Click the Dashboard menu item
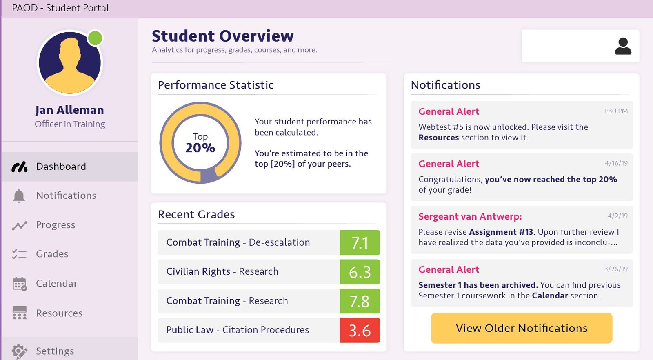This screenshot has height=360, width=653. click(61, 167)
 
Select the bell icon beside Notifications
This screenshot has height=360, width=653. click(19, 196)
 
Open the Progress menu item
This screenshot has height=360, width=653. click(56, 225)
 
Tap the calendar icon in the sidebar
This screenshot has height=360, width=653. click(19, 284)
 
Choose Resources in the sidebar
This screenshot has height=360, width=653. click(59, 313)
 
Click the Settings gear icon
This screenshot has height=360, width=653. click(19, 351)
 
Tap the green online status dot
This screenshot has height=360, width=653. click(95, 38)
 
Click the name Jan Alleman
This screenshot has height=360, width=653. click(69, 110)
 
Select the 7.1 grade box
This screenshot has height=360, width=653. click(360, 243)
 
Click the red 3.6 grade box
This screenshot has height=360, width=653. click(360, 330)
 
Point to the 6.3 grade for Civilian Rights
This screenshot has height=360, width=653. click(360, 272)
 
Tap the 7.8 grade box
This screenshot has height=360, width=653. click(360, 301)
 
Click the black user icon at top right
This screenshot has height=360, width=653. click(623, 46)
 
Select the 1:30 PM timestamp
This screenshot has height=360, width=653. click(616, 111)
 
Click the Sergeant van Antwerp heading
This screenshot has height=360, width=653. click(470, 216)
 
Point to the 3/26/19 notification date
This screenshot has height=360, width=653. click(616, 269)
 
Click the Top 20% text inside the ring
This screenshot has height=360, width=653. click(200, 143)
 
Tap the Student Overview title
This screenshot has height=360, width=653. click(223, 36)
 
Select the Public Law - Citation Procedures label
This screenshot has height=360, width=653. click(238, 330)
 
